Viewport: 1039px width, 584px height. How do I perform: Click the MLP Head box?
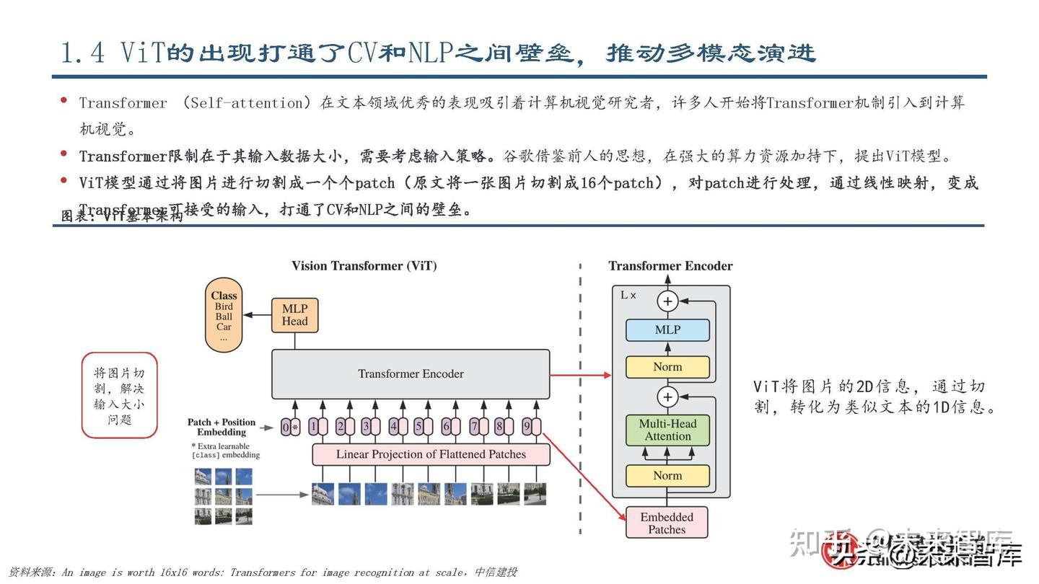[294, 315]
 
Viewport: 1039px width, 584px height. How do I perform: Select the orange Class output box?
[224, 315]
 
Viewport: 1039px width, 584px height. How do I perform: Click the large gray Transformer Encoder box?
[410, 374]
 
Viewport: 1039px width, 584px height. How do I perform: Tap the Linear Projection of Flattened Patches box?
[431, 454]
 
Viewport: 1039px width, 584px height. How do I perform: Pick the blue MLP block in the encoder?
[667, 330]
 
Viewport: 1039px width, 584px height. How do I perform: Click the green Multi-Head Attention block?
[667, 430]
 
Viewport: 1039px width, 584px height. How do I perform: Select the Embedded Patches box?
[667, 523]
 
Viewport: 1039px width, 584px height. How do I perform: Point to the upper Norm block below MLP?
[667, 367]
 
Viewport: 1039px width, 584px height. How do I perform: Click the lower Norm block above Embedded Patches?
[667, 476]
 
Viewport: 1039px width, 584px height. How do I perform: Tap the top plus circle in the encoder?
[667, 301]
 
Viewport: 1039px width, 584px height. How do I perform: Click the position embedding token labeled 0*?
[290, 427]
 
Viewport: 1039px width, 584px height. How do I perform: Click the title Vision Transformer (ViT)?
[364, 266]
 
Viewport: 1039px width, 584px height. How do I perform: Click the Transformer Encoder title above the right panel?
[670, 266]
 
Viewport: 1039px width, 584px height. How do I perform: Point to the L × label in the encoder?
[628, 295]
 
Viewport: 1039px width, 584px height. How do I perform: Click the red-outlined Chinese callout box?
[119, 395]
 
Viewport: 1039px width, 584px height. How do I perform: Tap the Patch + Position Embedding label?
[222, 427]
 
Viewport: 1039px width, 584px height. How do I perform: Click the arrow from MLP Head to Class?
[257, 315]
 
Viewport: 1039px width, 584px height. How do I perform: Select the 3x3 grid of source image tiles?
[223, 495]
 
